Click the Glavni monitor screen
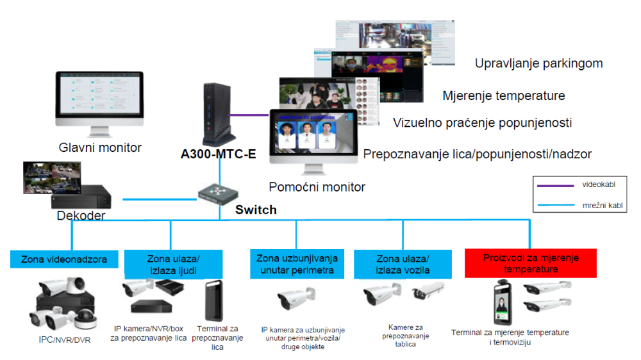pos(99,99)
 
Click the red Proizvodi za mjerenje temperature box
pos(530,263)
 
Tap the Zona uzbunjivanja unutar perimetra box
pos(296,264)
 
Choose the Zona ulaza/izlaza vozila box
pos(403,264)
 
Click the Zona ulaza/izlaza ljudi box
pos(173,264)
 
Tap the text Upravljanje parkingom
pos(538,63)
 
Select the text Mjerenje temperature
pos(503,96)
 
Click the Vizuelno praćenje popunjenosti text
pos(482,122)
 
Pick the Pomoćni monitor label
pos(317,187)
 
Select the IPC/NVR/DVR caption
pos(65,340)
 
